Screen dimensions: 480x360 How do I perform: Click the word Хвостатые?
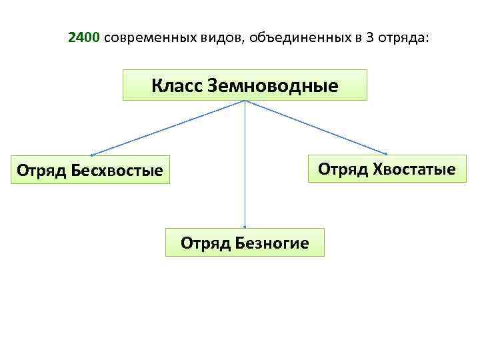coord(417,169)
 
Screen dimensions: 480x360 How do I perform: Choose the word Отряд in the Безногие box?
coord(205,243)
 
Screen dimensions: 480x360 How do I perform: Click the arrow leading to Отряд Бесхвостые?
coord(167,128)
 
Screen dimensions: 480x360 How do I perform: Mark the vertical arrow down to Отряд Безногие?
coord(245,167)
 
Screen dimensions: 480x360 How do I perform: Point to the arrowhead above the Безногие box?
coord(245,227)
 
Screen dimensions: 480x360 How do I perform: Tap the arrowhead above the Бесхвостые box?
coord(92,155)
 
